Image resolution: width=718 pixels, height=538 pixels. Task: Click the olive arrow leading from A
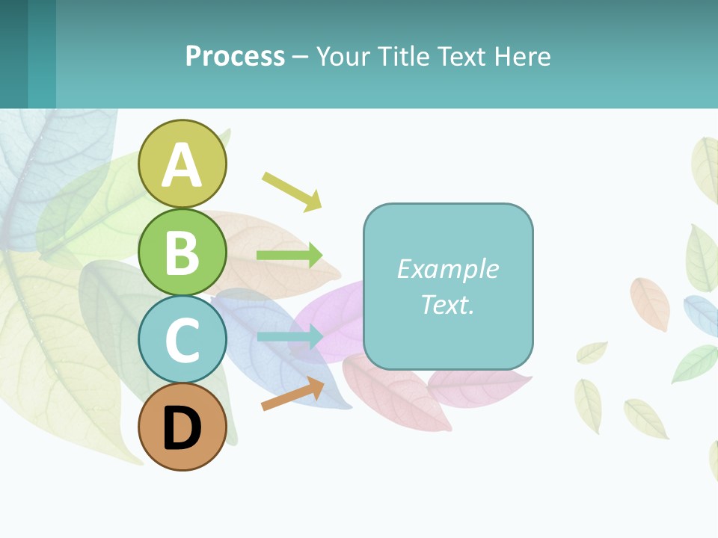pyautogui.click(x=292, y=191)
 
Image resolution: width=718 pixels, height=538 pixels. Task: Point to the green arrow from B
pyautogui.click(x=289, y=256)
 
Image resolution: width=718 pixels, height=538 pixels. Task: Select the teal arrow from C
pyautogui.click(x=290, y=337)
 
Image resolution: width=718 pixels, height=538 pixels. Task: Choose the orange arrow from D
pyautogui.click(x=292, y=394)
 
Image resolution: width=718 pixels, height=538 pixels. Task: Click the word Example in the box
pyautogui.click(x=448, y=269)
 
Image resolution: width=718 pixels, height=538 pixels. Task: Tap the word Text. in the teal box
pyautogui.click(x=448, y=304)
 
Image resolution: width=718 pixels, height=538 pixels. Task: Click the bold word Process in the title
pyautogui.click(x=235, y=56)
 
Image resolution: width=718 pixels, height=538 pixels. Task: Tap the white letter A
pyautogui.click(x=182, y=165)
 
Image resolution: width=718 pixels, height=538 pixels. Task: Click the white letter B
pyautogui.click(x=182, y=253)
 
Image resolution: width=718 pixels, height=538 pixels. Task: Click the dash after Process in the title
pyautogui.click(x=300, y=57)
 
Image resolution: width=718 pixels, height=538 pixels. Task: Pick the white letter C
pyautogui.click(x=182, y=341)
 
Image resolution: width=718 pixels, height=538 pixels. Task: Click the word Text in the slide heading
pyautogui.click(x=463, y=56)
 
